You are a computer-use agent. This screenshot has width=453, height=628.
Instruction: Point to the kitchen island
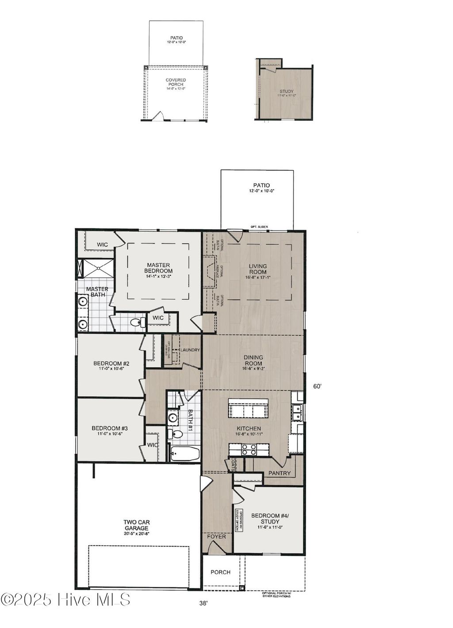click(248, 408)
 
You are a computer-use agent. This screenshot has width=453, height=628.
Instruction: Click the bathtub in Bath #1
click(184, 454)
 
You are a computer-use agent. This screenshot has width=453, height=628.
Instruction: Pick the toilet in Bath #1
click(176, 434)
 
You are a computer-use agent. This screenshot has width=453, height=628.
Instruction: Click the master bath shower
click(96, 268)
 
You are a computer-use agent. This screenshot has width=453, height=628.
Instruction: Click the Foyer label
click(217, 536)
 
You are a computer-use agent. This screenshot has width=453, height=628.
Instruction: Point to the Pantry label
click(280, 473)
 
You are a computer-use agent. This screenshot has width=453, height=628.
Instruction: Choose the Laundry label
click(189, 350)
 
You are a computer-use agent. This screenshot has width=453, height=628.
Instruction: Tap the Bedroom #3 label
click(110, 431)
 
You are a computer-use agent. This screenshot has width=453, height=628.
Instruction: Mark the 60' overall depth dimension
click(317, 386)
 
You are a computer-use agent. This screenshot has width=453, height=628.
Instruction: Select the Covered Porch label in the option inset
click(176, 84)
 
